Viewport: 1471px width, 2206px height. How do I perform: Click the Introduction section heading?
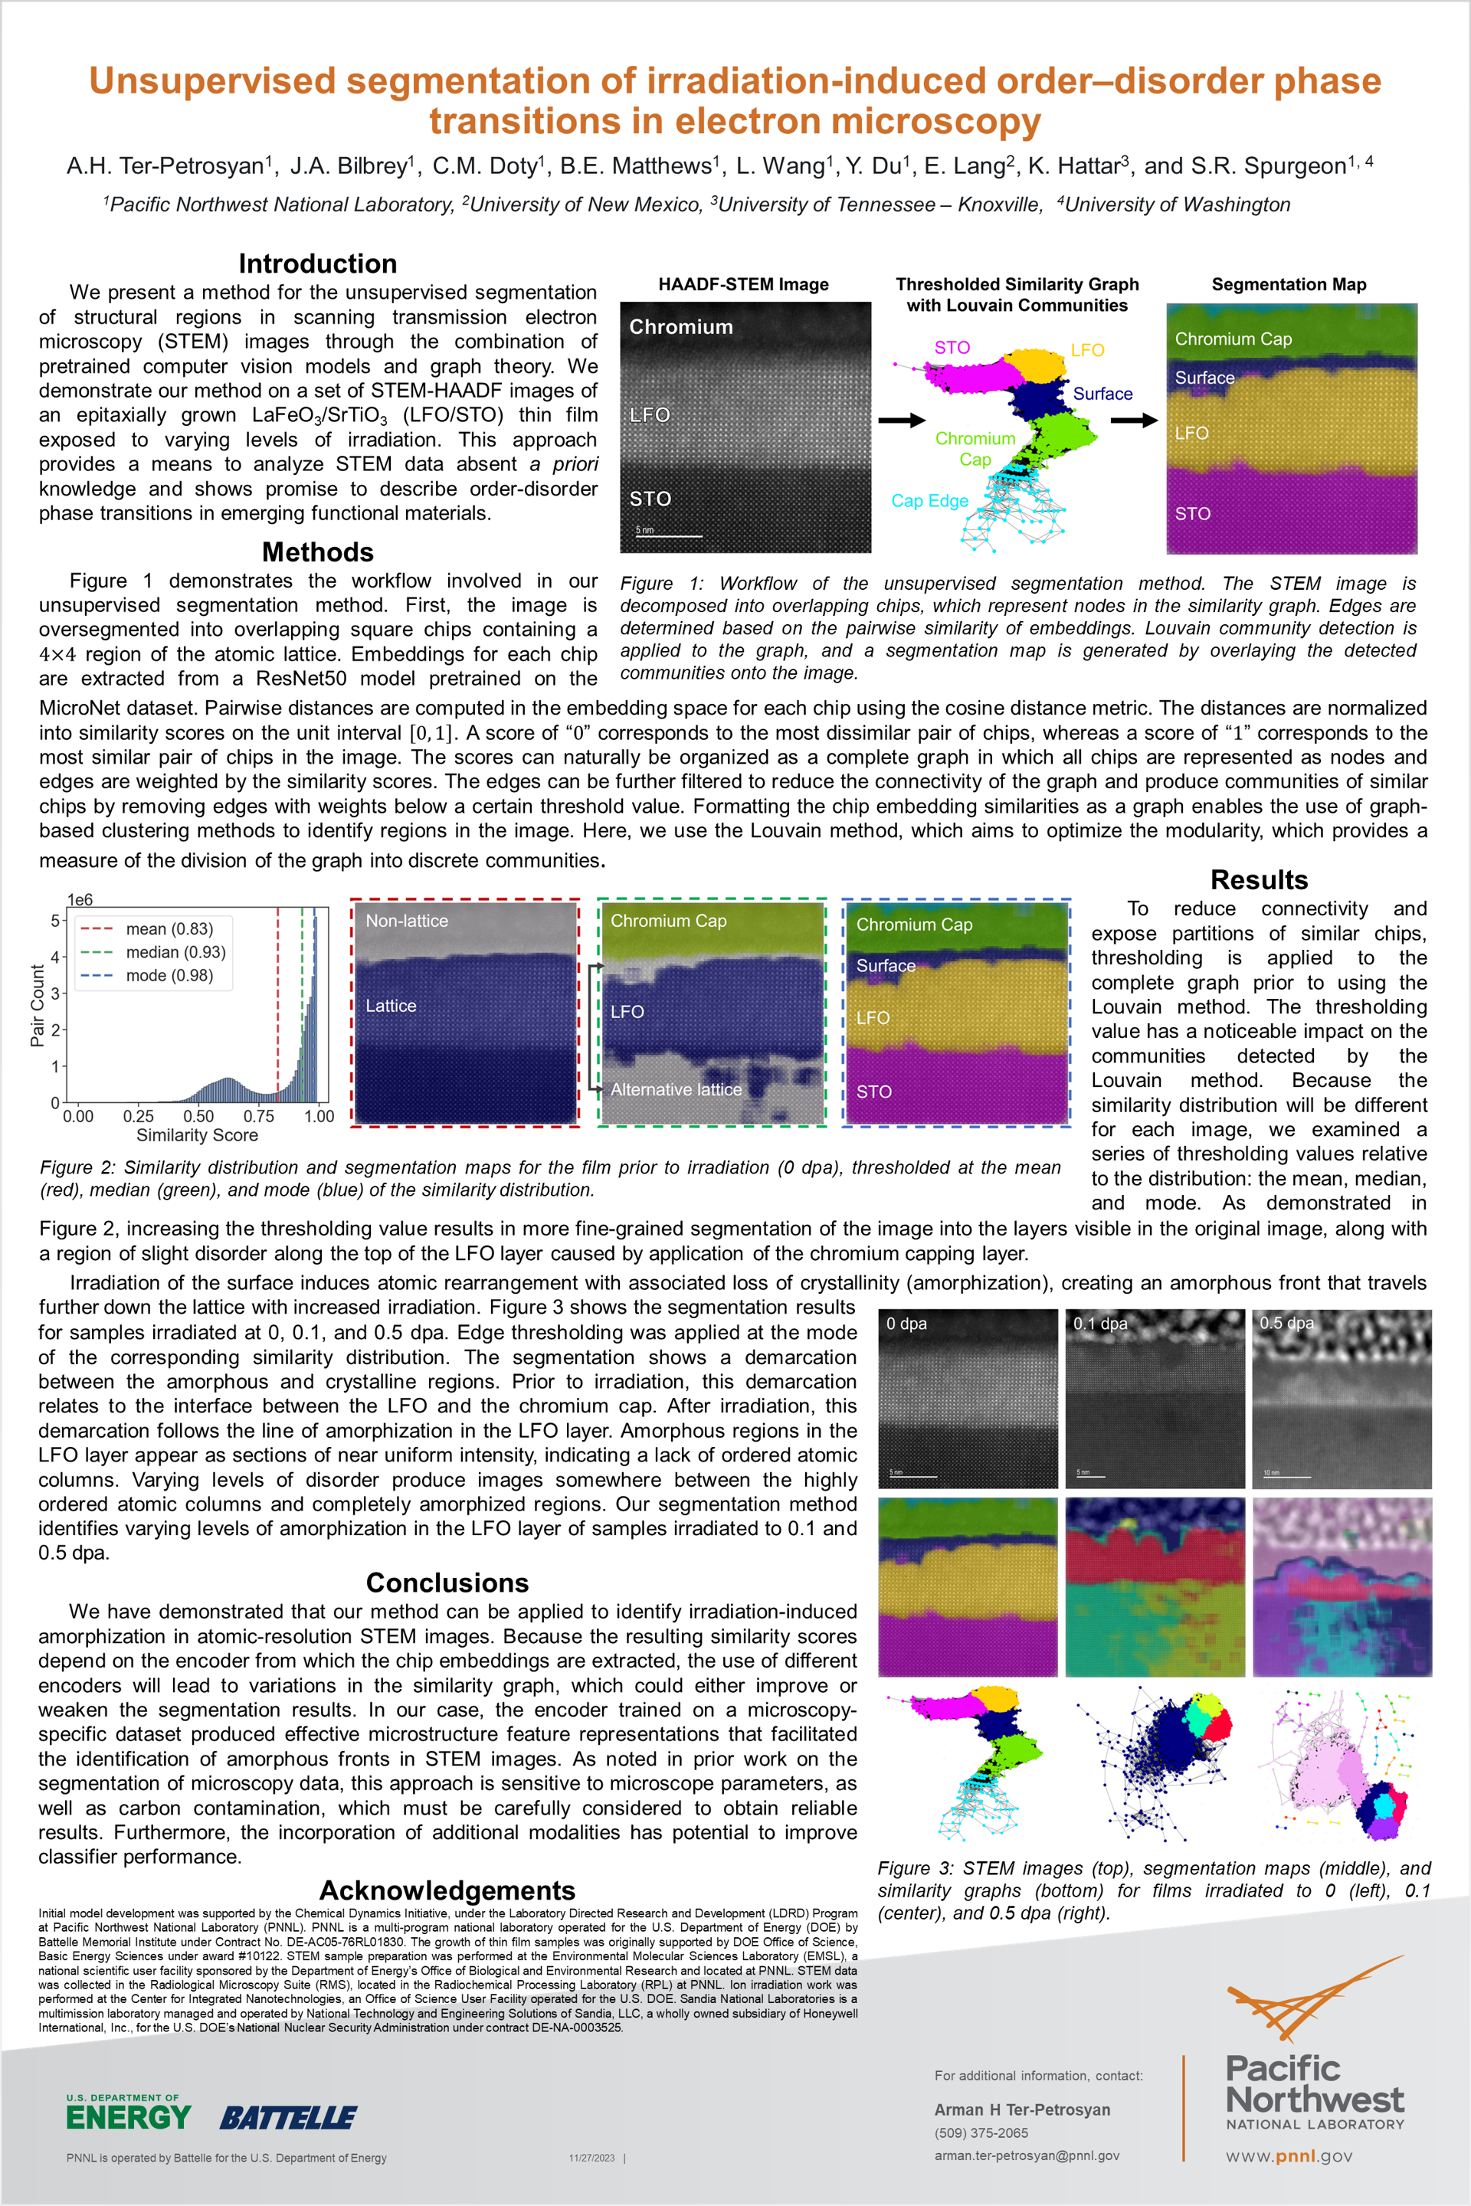point(317,263)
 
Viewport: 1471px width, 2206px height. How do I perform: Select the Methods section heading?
point(317,551)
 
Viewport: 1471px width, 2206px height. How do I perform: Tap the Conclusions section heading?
point(447,1582)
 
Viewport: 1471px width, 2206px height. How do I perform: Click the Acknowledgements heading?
point(447,1890)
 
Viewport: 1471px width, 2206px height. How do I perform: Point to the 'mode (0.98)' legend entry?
point(169,975)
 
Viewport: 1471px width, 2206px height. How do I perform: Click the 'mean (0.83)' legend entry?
point(169,928)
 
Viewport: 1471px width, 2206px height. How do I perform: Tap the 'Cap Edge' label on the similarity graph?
point(929,501)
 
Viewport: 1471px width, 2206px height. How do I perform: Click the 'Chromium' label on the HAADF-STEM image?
point(680,327)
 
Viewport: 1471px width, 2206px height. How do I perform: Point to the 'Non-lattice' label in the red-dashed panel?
point(406,921)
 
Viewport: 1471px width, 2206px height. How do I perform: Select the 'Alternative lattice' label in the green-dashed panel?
point(676,1090)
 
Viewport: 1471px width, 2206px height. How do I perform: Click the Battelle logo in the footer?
point(288,2118)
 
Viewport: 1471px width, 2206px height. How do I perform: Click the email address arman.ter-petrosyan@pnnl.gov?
point(1027,2155)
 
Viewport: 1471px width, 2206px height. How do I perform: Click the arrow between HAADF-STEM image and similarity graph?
point(902,421)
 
